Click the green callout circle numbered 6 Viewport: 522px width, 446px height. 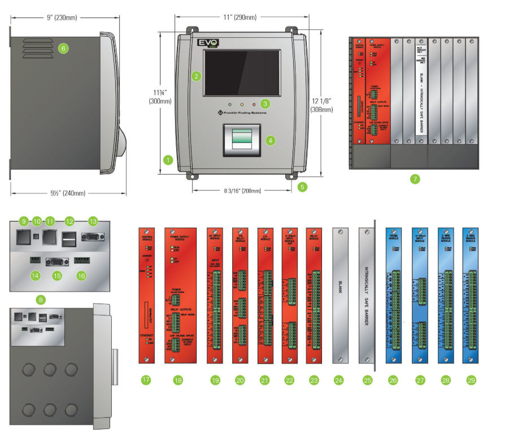(x=63, y=49)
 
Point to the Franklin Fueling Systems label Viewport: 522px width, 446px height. (x=243, y=114)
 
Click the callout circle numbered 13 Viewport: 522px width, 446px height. (x=93, y=221)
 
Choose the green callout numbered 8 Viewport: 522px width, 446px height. (x=39, y=299)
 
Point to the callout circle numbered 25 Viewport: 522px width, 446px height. (x=368, y=380)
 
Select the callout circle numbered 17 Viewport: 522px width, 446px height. (x=146, y=380)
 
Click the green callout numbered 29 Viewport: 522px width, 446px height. (x=472, y=380)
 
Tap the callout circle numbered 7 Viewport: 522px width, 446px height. (x=415, y=180)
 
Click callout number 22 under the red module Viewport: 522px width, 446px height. (x=289, y=380)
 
